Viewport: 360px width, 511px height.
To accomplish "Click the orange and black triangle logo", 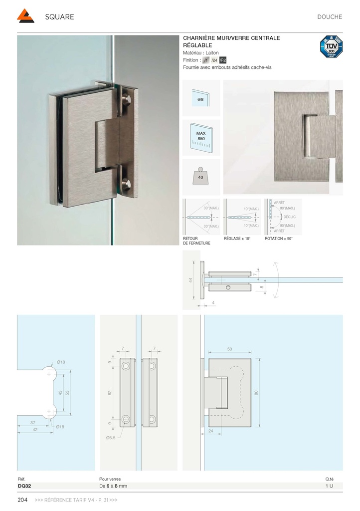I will (x=25, y=16).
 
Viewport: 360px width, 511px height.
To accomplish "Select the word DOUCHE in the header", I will (x=330, y=17).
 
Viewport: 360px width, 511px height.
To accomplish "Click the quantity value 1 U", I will (x=329, y=486).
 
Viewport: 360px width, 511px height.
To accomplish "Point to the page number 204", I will (x=22, y=500).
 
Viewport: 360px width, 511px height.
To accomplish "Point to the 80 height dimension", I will (x=257, y=393).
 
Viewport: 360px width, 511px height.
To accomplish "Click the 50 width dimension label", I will (x=229, y=349).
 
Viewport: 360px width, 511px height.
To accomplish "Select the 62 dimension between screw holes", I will (x=110, y=393).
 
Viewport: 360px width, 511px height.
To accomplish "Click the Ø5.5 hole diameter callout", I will (x=111, y=438).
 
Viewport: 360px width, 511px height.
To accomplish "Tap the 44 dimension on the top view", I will (x=190, y=280).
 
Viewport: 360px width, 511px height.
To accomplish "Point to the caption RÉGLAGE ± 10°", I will (x=237, y=239).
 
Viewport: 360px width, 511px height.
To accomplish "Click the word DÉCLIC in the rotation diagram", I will (x=290, y=217).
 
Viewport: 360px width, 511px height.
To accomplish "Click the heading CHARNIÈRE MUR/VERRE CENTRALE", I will (x=231, y=38).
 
